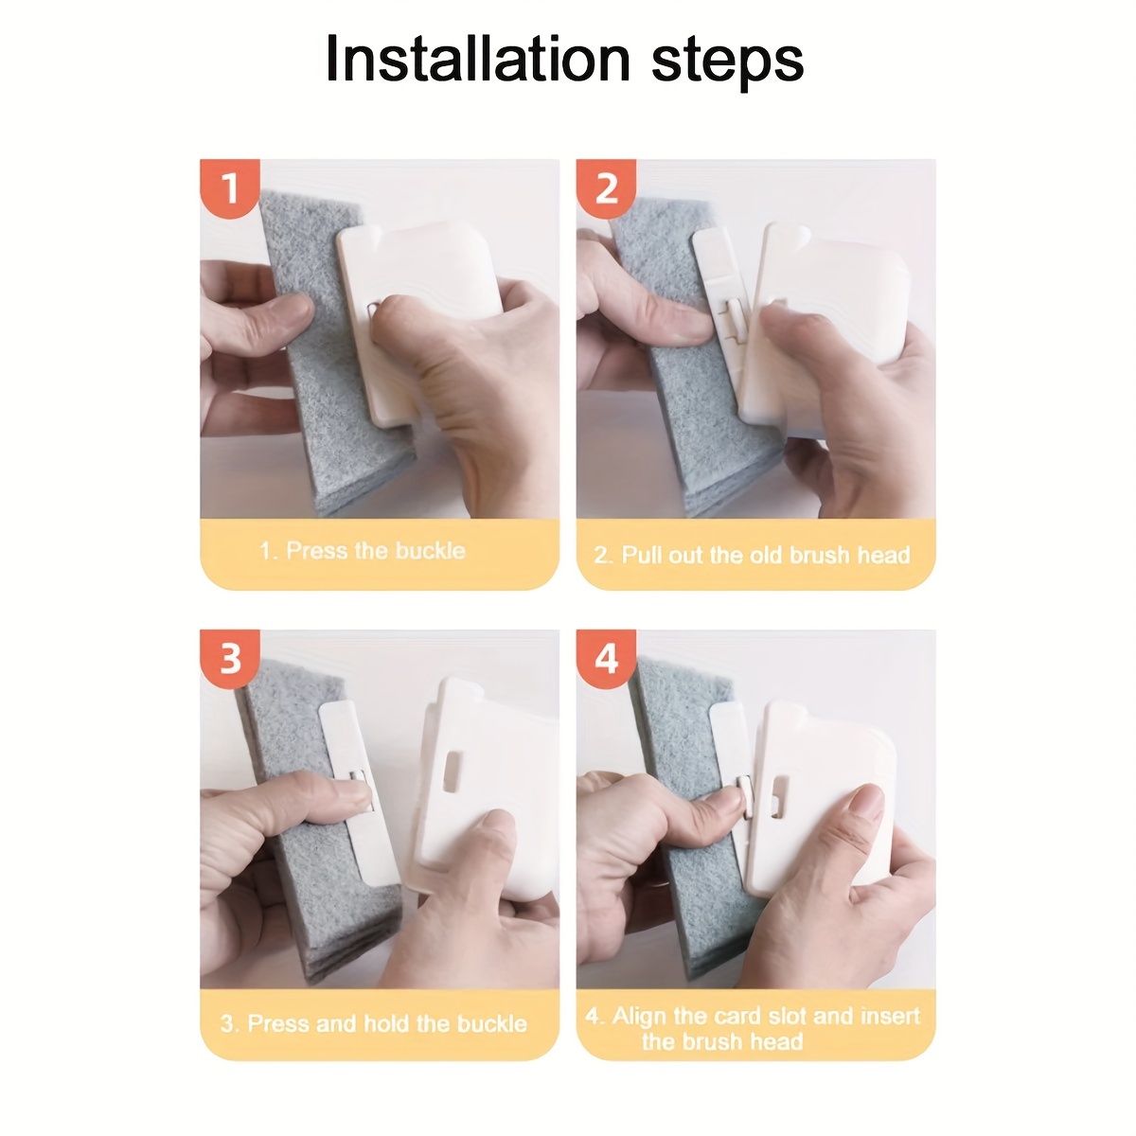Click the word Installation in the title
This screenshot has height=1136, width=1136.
(x=478, y=59)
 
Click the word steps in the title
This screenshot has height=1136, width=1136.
(x=727, y=62)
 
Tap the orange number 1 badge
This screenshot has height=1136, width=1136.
(x=230, y=187)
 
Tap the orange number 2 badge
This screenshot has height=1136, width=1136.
(x=607, y=187)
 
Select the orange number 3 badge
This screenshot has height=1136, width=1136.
(x=230, y=659)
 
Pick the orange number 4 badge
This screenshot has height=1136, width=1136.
(x=607, y=659)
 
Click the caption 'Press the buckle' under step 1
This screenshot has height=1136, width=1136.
(x=376, y=551)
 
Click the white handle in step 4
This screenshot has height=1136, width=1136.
(x=825, y=796)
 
